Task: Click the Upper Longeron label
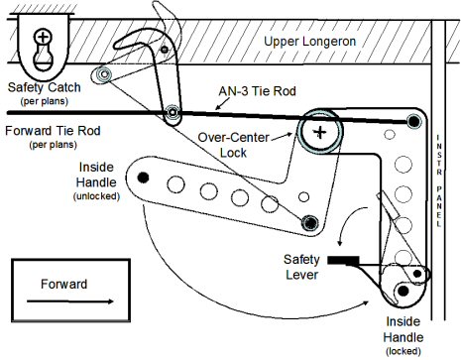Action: click(309, 42)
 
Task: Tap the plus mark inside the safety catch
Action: click(43, 36)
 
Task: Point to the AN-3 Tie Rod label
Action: click(257, 91)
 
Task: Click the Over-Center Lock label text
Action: click(233, 145)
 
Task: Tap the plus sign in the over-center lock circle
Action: click(319, 133)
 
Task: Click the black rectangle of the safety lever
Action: click(343, 260)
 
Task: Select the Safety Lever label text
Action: click(301, 267)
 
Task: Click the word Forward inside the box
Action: click(64, 284)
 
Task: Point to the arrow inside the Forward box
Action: click(70, 301)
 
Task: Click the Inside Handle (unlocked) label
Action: click(96, 181)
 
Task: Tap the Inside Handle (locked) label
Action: click(403, 335)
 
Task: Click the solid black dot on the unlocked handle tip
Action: click(143, 178)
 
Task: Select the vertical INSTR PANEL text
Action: click(438, 180)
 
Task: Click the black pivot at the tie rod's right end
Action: click(413, 122)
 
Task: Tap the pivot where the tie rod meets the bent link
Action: click(173, 112)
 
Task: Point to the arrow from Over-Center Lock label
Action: click(282, 137)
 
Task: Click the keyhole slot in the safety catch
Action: click(43, 55)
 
